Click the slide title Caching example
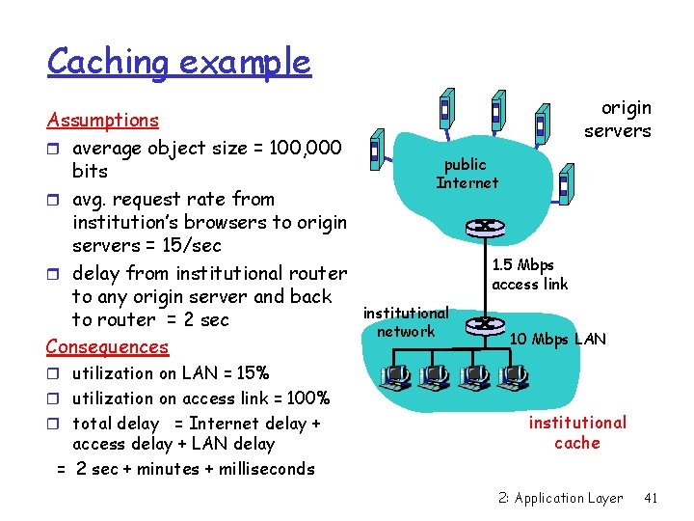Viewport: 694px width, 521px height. coord(179,62)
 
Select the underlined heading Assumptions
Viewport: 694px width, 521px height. coord(102,121)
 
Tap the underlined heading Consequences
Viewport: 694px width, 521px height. coord(107,346)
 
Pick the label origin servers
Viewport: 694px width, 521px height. coord(618,120)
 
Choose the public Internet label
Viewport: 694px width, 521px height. coord(467,174)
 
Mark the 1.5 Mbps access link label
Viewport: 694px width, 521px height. coord(529,275)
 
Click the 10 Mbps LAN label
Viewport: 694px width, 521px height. coord(558,339)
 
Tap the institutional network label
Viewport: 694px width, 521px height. coord(406,322)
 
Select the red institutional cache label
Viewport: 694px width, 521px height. coord(577,432)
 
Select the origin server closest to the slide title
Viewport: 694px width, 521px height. coord(378,149)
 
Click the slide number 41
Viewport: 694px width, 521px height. coord(651,498)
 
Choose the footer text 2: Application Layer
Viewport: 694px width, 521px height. coord(561,498)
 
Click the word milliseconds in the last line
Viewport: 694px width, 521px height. coord(268,469)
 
